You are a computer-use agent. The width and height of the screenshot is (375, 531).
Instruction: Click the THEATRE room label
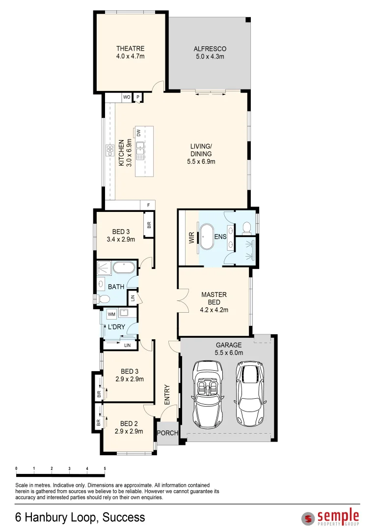(x=130, y=49)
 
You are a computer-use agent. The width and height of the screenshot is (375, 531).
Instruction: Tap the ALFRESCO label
(x=210, y=49)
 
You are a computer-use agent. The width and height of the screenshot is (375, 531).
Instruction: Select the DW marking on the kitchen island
(x=139, y=133)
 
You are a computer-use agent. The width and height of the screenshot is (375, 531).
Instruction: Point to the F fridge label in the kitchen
(x=148, y=205)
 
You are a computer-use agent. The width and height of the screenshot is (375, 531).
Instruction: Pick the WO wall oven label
(x=126, y=97)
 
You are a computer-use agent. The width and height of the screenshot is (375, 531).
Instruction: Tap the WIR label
(x=191, y=238)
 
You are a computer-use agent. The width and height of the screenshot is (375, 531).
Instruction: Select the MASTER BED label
(x=214, y=298)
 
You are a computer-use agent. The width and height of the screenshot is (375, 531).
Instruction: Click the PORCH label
(x=167, y=433)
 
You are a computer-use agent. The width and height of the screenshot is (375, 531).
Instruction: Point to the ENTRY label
(x=167, y=394)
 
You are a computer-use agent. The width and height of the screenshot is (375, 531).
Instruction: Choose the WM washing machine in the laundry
(x=111, y=313)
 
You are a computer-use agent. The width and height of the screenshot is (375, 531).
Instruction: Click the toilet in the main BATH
(x=103, y=299)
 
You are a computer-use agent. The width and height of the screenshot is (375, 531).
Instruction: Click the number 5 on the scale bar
(x=105, y=469)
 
